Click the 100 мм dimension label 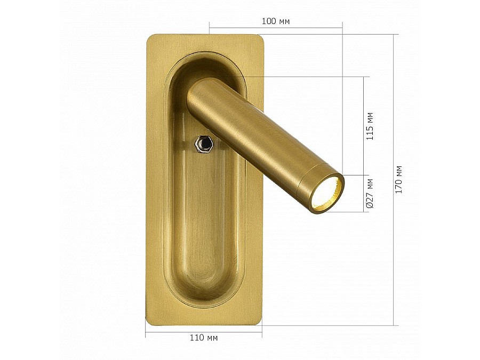click(276, 21)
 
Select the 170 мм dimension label click(398, 179)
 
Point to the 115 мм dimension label click(370, 126)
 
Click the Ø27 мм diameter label click(370, 194)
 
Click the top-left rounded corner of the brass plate click(149, 38)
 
